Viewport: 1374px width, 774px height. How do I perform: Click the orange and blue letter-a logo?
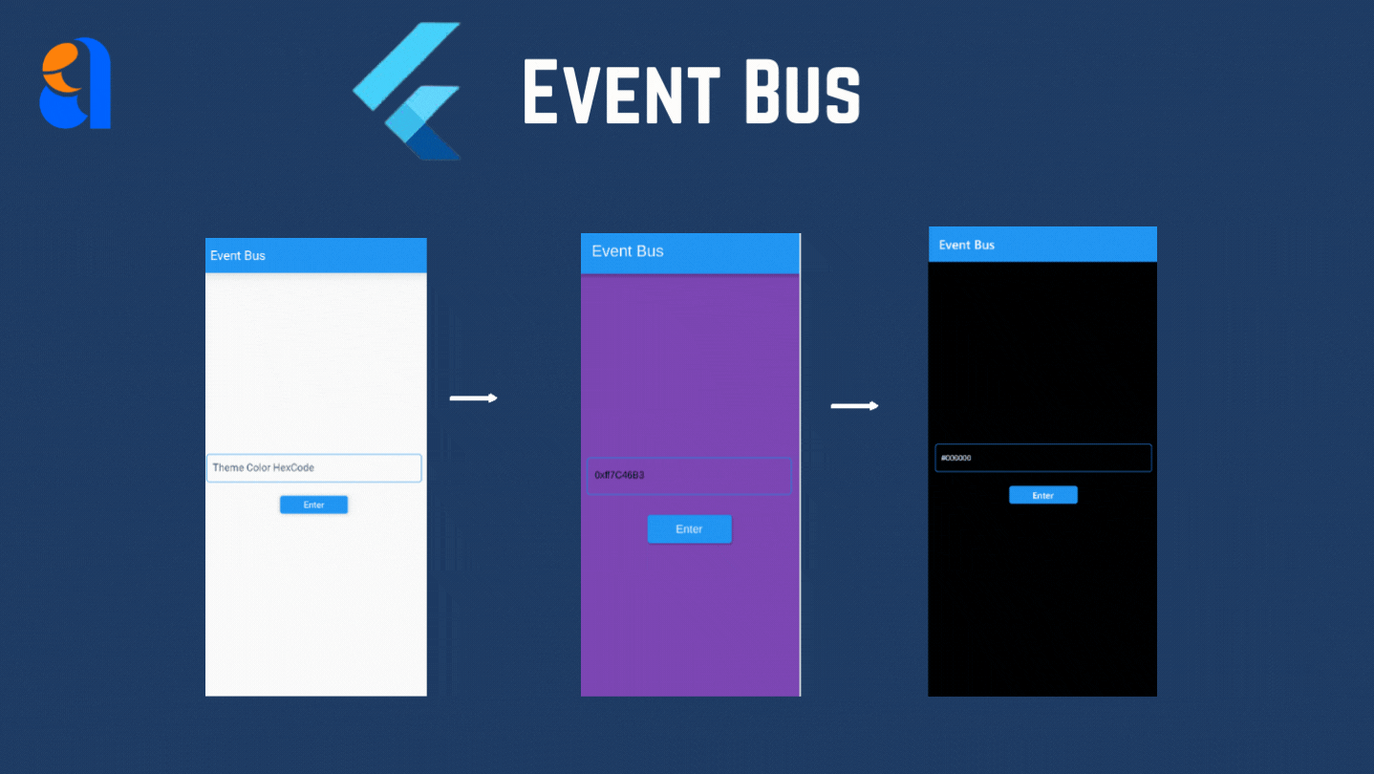click(75, 83)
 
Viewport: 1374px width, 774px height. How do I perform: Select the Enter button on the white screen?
click(313, 505)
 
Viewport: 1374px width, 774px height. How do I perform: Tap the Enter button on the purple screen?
click(689, 529)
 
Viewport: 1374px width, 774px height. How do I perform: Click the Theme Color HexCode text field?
click(313, 468)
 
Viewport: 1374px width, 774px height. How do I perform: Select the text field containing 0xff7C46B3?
click(688, 475)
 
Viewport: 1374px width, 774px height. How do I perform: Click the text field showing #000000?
click(1042, 458)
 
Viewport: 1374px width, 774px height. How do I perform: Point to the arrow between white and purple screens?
click(473, 398)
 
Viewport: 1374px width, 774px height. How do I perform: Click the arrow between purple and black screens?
click(854, 406)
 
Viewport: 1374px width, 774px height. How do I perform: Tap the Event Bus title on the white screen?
click(238, 256)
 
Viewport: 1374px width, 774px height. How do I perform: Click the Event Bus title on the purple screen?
click(627, 251)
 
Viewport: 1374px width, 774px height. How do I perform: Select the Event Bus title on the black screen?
click(966, 246)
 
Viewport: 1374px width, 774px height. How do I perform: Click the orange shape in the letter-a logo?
click(62, 74)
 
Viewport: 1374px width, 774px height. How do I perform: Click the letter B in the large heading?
click(755, 92)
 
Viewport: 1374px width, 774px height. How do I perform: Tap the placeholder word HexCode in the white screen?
click(293, 468)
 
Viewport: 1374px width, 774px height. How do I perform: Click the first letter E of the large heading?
click(542, 92)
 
